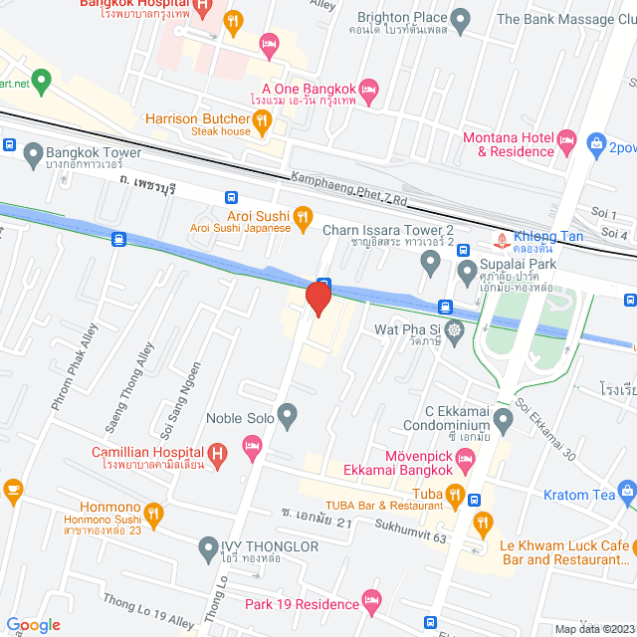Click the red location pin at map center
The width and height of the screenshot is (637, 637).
click(x=318, y=298)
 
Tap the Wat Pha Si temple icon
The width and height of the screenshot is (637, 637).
click(x=456, y=329)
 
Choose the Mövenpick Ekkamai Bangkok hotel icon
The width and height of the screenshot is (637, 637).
click(x=467, y=459)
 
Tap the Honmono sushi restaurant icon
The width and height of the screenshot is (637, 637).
click(x=153, y=514)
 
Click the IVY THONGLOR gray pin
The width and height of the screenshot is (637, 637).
click(x=208, y=546)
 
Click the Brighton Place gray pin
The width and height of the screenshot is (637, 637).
click(x=460, y=19)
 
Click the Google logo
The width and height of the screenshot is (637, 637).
click(x=32, y=624)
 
